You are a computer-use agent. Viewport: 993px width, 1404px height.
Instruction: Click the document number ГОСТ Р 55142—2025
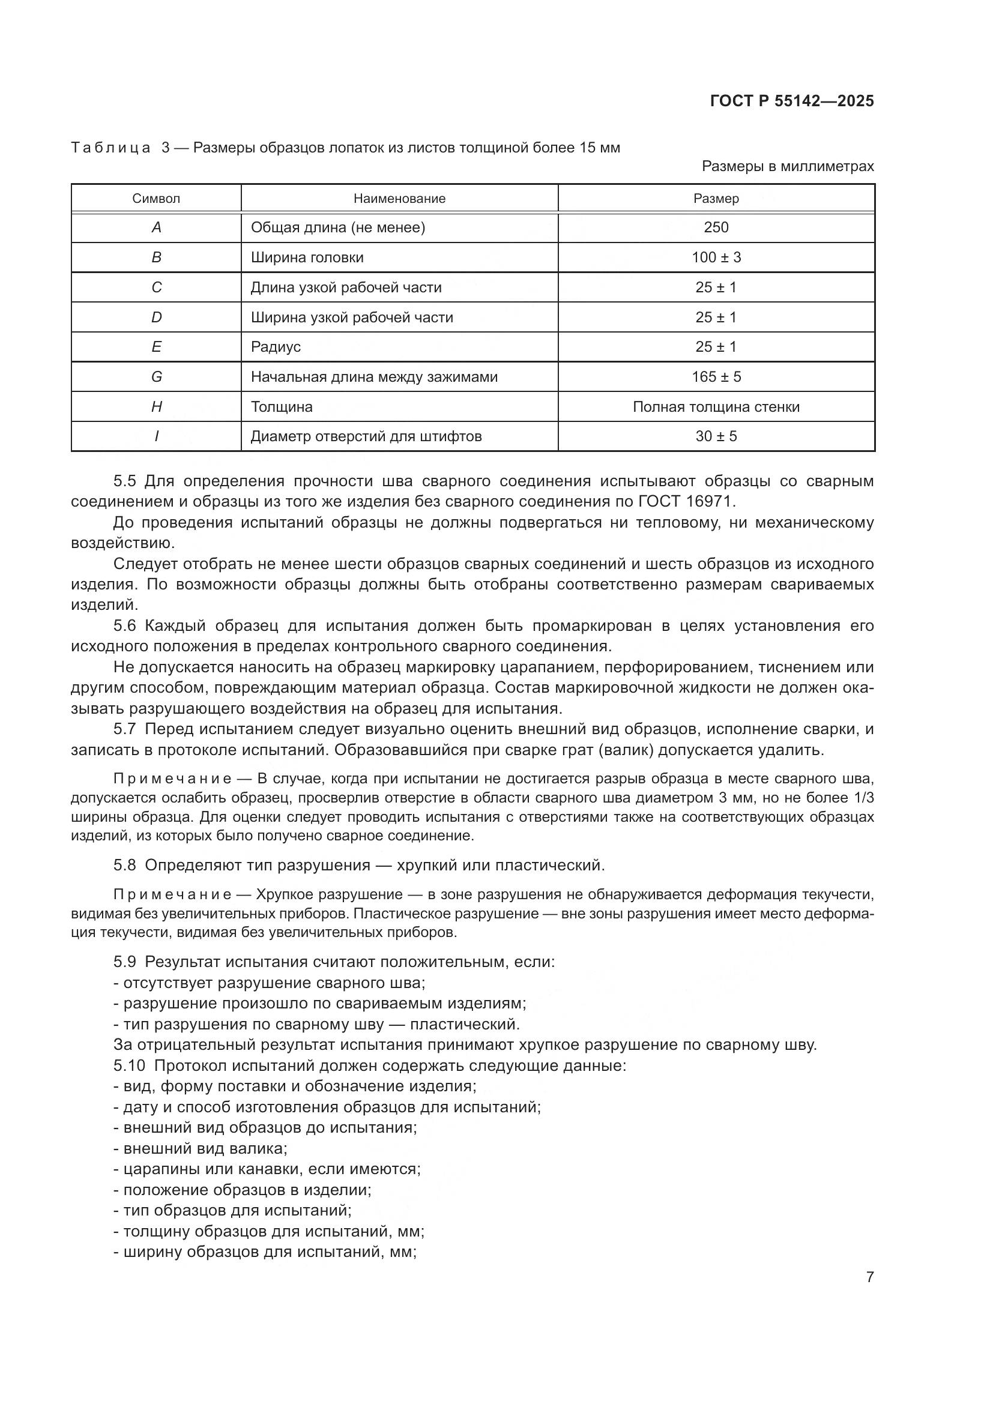pyautogui.click(x=792, y=101)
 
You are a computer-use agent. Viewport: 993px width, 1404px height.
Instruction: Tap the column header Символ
pyautogui.click(x=156, y=199)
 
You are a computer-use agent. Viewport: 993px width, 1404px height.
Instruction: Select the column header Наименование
pyautogui.click(x=399, y=199)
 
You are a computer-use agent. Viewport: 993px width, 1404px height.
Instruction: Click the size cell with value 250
pyautogui.click(x=716, y=227)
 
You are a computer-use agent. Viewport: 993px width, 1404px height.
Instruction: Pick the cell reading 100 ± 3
pyautogui.click(x=716, y=258)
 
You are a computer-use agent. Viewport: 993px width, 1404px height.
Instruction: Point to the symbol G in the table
pyautogui.click(x=156, y=377)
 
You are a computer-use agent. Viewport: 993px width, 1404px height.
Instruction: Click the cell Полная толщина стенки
pyautogui.click(x=716, y=406)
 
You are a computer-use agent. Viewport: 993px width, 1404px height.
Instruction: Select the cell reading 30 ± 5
pyautogui.click(x=716, y=436)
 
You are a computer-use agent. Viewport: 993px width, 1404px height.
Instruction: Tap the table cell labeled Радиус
pyautogui.click(x=276, y=347)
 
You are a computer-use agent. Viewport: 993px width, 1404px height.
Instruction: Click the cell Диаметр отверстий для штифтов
pyautogui.click(x=366, y=436)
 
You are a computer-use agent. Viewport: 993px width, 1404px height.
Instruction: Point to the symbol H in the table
pyautogui.click(x=156, y=406)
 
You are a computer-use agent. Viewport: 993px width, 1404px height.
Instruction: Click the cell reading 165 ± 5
pyautogui.click(x=716, y=377)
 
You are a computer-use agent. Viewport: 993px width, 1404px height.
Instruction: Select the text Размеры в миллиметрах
pyautogui.click(x=788, y=166)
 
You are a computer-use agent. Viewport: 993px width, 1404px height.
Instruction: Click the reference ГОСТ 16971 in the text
pyautogui.click(x=685, y=501)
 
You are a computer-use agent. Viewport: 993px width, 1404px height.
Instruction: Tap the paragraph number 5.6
pyautogui.click(x=125, y=625)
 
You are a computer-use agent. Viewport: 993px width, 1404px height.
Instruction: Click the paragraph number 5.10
pyautogui.click(x=129, y=1065)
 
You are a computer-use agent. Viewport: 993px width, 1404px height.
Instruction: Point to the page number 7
pyautogui.click(x=869, y=1277)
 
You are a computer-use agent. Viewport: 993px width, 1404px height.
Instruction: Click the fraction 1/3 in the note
pyautogui.click(x=863, y=798)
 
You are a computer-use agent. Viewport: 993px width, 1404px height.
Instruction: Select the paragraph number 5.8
pyautogui.click(x=125, y=866)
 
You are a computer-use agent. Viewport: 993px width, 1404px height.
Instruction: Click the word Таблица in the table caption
pyautogui.click(x=110, y=148)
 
